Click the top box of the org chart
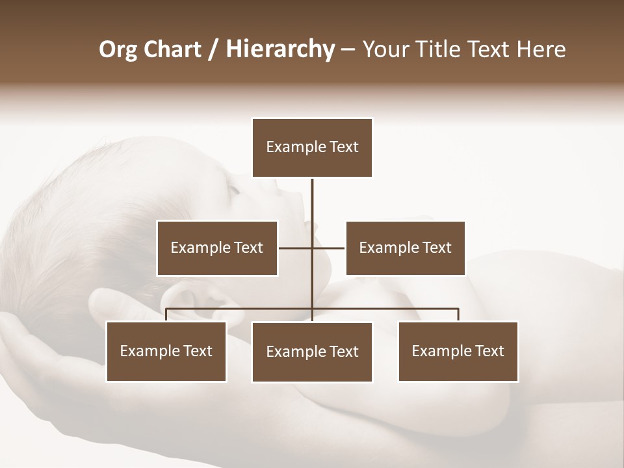tap(312, 148)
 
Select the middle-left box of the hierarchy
tap(217, 248)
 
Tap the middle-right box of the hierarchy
tap(406, 248)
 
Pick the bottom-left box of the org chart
tap(166, 352)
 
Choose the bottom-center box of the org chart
tap(312, 352)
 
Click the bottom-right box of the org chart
tap(458, 352)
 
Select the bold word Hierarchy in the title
tap(280, 49)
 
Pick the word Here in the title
tap(541, 49)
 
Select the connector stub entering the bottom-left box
tap(166, 315)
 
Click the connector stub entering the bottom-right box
tap(458, 315)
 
